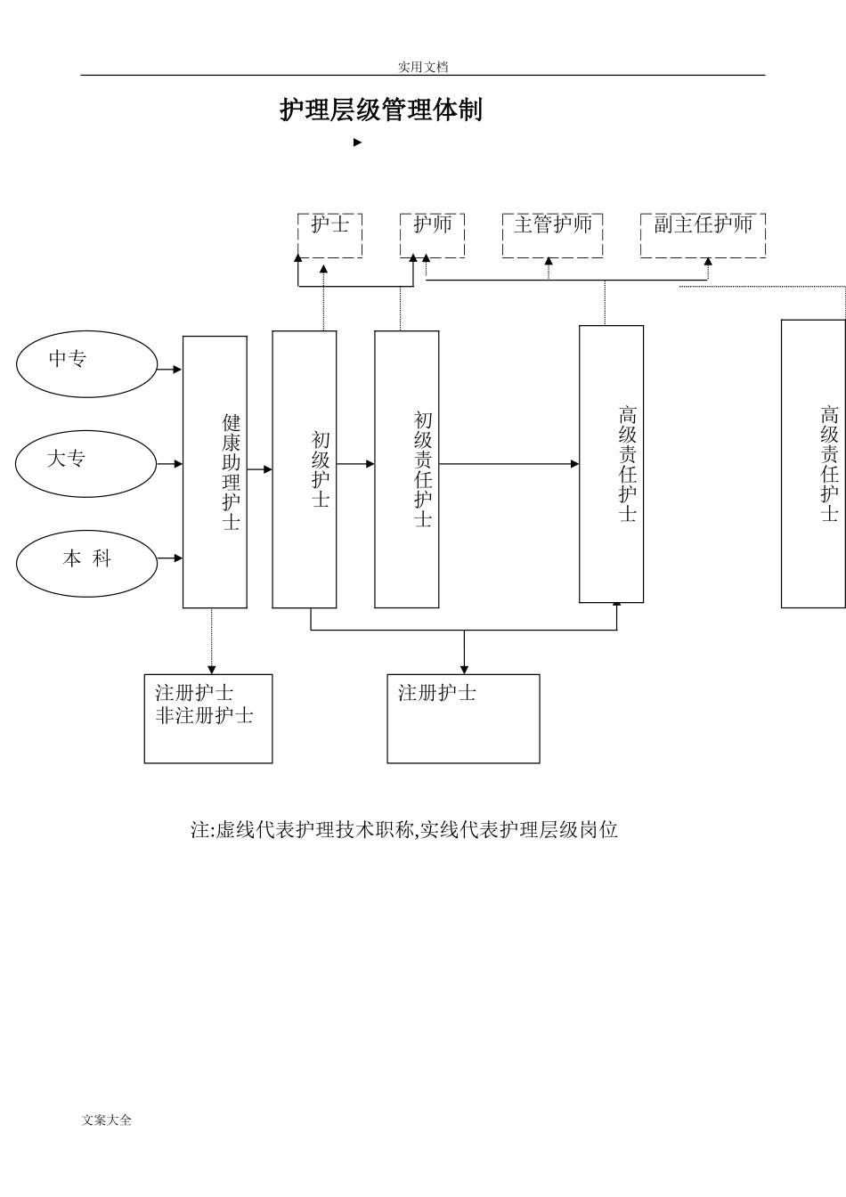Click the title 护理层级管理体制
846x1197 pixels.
(381, 110)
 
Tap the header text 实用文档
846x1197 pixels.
(422, 67)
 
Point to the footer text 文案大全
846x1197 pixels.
(106, 1120)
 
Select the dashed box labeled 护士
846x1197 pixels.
(329, 234)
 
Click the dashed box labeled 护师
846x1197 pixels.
(432, 234)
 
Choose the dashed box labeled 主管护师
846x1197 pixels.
(552, 234)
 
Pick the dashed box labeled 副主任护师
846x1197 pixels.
(703, 234)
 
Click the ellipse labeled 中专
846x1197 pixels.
(86, 364)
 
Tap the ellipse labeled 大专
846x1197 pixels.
(86, 464)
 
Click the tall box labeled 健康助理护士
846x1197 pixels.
(215, 472)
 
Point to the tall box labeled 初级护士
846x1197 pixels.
(305, 469)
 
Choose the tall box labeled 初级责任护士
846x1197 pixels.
(406, 469)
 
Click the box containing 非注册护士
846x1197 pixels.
(208, 718)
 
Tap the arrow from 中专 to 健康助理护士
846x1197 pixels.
(169, 369)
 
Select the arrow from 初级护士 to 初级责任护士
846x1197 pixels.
(355, 464)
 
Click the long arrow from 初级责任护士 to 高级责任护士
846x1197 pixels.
(508, 464)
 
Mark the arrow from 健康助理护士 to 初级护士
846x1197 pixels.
(259, 468)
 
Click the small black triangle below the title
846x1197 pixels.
(357, 142)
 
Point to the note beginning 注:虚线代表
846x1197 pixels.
(404, 830)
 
